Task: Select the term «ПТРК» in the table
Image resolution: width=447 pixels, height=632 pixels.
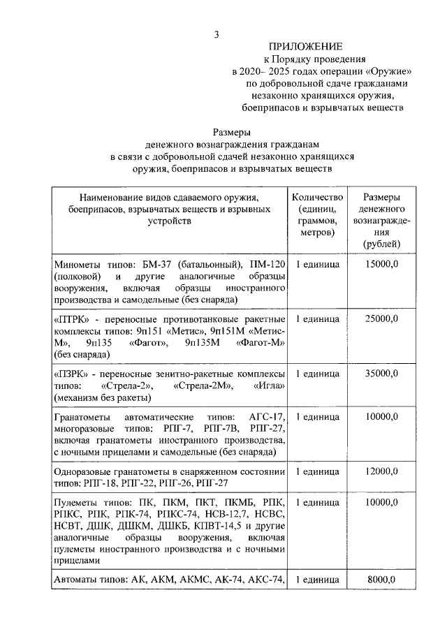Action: point(69,318)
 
